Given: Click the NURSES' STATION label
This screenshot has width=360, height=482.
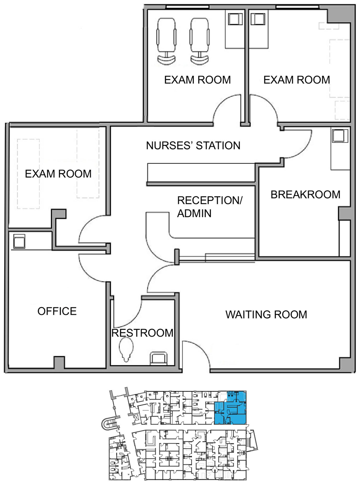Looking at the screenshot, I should tap(193, 145).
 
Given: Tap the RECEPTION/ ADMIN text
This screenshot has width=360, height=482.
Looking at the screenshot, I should tap(210, 207).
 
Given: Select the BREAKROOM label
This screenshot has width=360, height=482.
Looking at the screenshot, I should tap(305, 195).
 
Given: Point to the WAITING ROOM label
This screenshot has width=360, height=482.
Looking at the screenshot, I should tap(266, 315).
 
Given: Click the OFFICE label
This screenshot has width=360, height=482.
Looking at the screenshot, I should tap(57, 311).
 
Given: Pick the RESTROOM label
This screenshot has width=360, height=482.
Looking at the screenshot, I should tap(142, 333).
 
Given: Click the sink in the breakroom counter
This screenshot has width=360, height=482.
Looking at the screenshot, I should tap(339, 136).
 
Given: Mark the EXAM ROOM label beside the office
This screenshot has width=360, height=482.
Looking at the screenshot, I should tap(58, 174).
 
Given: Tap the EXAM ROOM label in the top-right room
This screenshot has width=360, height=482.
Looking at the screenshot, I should tap(297, 80).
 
